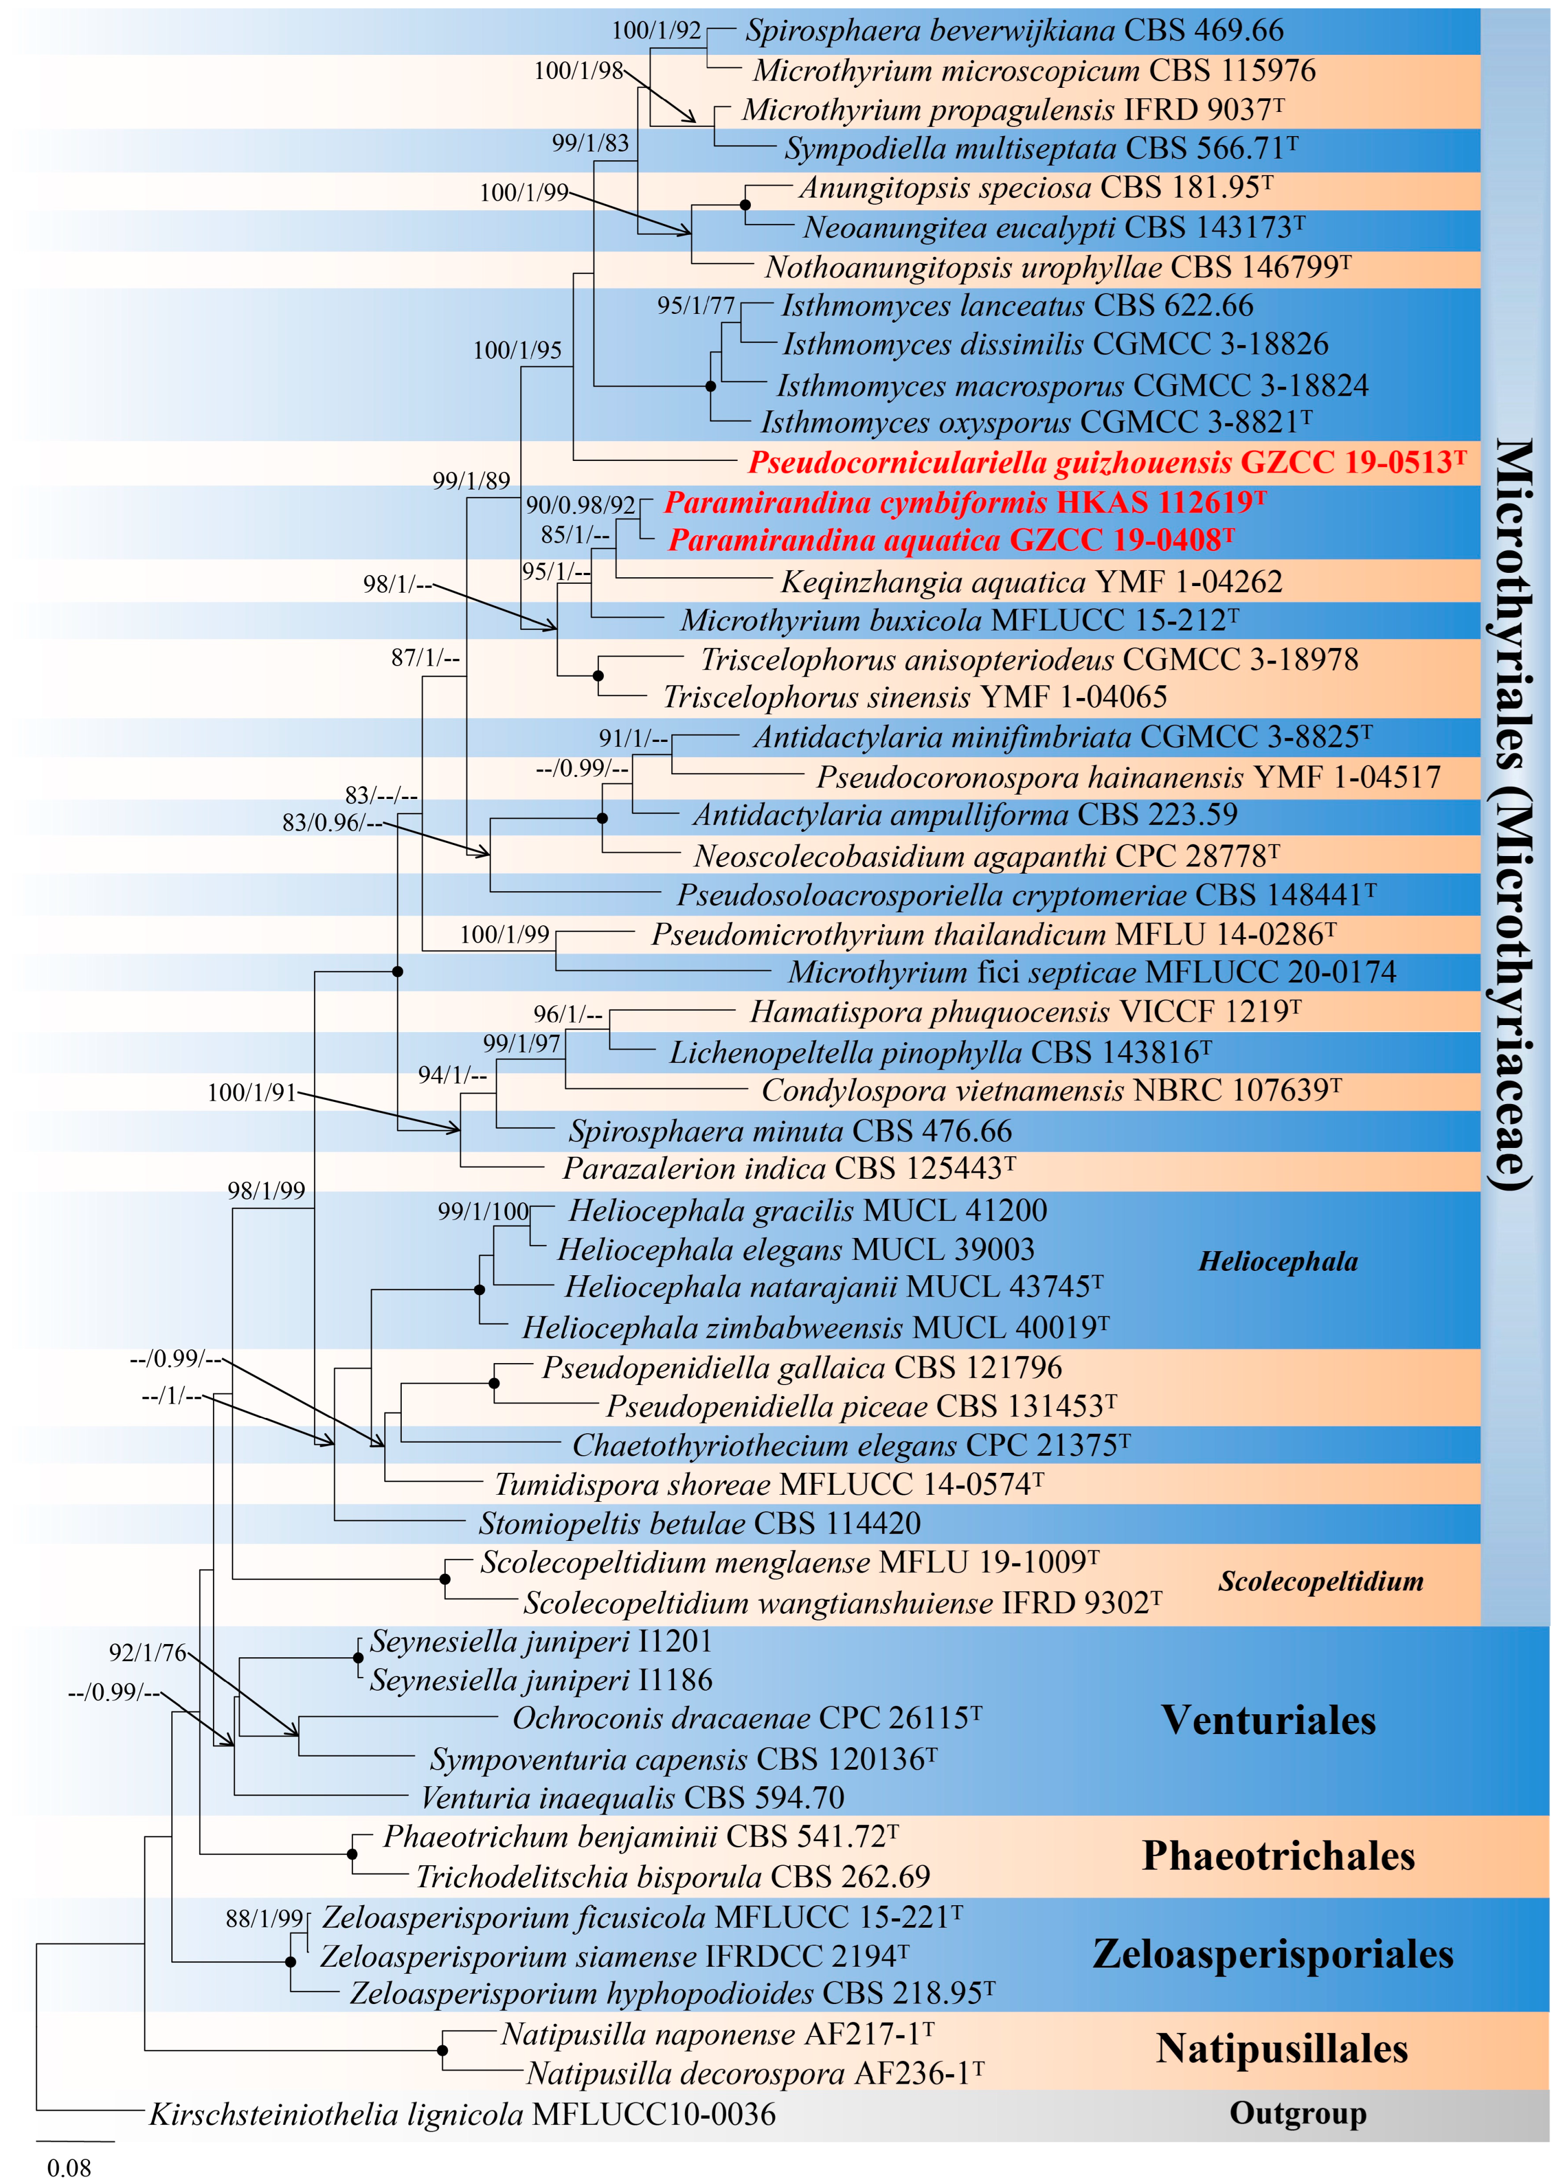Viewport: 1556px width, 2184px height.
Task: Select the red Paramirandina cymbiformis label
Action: (965, 503)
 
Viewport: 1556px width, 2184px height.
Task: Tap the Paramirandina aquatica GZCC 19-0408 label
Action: (951, 541)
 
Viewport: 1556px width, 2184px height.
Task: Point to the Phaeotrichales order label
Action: (1278, 1856)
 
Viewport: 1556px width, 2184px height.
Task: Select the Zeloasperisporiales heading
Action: (1272, 1954)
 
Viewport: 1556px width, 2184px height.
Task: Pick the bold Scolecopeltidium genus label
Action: (1321, 1581)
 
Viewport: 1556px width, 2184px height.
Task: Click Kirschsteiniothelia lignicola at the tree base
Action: (462, 2114)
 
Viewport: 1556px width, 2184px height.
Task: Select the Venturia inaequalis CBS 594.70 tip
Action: (632, 1798)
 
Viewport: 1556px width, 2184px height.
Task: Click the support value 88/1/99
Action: (265, 1918)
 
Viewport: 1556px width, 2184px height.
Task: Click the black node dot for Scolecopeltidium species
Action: (445, 1579)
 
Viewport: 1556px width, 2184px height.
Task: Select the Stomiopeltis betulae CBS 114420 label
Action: (699, 1524)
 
